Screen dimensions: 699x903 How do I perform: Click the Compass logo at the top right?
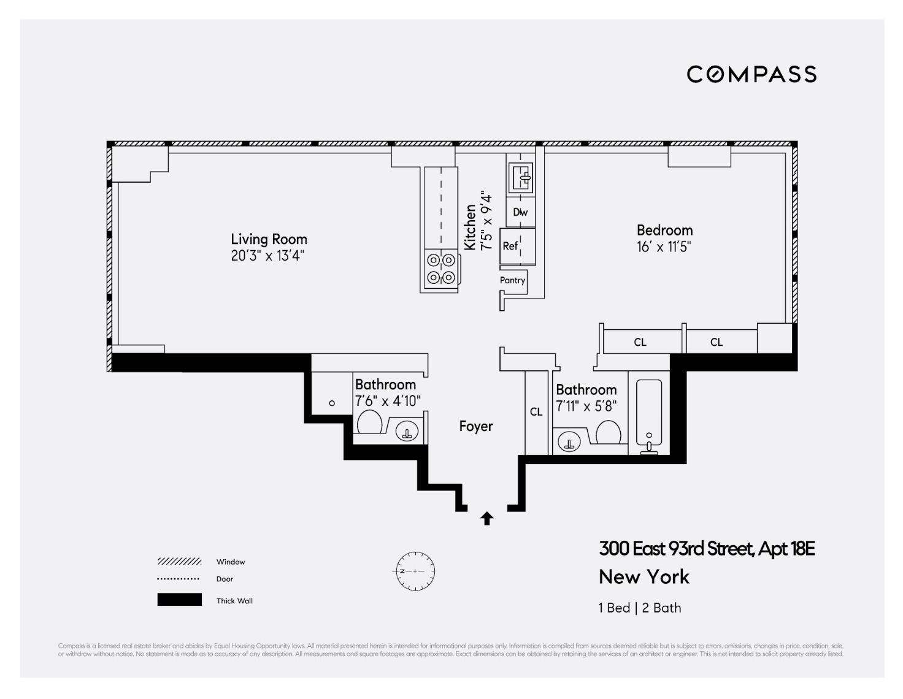751,74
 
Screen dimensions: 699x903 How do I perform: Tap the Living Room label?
269,239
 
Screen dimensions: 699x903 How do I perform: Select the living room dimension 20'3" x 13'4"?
267,256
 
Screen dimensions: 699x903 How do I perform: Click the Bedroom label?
664,231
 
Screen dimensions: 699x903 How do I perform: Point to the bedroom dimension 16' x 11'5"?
664,247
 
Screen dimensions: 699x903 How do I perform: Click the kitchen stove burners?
441,269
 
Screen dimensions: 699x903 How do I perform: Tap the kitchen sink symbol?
521,178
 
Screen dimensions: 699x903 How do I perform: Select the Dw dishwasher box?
520,212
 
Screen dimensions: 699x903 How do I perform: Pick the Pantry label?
512,280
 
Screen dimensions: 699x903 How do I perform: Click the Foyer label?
476,426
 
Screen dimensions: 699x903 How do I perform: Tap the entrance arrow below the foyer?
487,519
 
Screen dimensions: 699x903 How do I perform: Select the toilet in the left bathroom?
369,422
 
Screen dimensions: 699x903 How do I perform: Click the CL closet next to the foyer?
536,412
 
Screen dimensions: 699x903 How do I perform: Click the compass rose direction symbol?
415,571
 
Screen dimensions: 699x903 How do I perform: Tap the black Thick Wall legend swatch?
179,600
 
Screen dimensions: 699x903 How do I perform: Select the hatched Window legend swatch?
179,562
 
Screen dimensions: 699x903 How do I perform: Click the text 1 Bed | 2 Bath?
640,608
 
